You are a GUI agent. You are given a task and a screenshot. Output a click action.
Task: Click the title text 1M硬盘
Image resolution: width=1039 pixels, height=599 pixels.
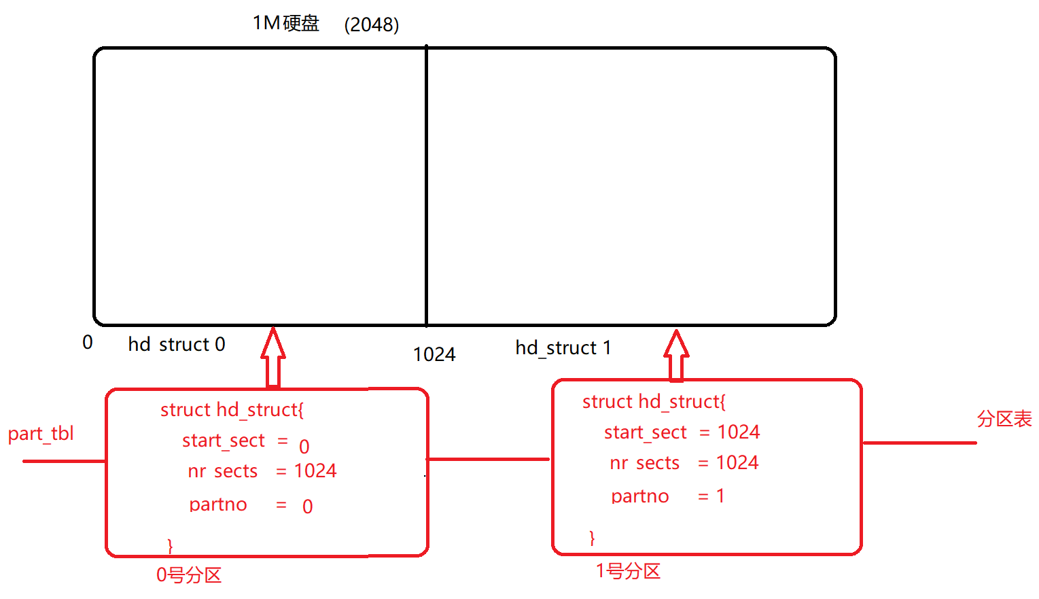tap(286, 24)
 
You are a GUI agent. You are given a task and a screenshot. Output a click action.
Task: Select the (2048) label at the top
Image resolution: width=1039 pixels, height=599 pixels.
tap(372, 25)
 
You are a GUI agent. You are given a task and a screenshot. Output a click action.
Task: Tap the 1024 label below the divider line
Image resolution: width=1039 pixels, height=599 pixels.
tap(434, 354)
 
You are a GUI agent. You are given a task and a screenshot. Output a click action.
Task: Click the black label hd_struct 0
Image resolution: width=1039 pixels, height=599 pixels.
tap(177, 345)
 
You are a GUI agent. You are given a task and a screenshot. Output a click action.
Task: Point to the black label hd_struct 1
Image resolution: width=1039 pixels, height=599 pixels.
tap(563, 348)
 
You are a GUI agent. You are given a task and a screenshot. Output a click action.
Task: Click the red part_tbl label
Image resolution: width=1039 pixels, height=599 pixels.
tap(41, 434)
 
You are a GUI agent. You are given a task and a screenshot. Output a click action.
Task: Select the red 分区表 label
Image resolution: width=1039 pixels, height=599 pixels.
tap(1004, 419)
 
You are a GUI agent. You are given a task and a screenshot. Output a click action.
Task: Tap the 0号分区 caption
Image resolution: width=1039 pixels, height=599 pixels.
tap(189, 575)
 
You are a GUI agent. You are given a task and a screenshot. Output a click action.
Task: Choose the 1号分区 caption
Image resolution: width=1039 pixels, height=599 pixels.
tap(628, 571)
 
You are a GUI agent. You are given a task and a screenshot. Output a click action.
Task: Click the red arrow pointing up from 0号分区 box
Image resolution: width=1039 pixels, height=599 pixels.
tap(273, 357)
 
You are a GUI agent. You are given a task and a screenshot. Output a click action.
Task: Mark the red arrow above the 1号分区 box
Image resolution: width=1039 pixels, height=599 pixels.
tap(676, 354)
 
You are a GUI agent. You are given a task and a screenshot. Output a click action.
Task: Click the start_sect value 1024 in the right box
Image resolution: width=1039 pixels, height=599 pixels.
tap(739, 432)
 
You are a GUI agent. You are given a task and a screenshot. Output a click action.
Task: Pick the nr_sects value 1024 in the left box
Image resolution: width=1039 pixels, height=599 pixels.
tap(315, 470)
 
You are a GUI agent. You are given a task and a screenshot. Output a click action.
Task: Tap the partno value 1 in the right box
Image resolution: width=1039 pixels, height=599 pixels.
tap(720, 496)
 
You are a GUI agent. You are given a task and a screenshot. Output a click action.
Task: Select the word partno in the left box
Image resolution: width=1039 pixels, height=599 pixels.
tap(218, 504)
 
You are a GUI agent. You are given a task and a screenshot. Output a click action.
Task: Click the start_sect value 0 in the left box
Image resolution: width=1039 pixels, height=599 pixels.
tap(304, 447)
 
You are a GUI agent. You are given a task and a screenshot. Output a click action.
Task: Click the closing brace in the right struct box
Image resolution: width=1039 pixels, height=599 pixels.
tap(592, 538)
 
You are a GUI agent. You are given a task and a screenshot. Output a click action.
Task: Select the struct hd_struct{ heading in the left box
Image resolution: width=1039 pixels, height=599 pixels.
tap(232, 409)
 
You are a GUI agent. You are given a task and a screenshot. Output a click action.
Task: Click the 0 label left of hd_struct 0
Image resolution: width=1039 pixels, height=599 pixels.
tap(88, 343)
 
